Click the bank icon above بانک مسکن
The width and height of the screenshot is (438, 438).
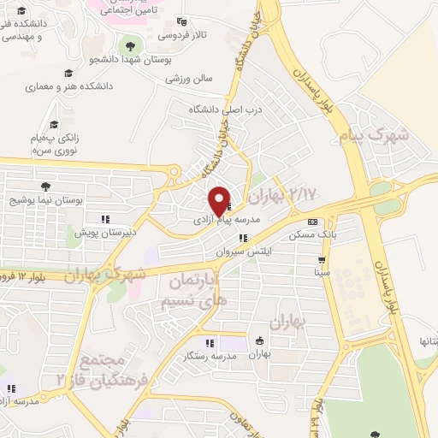pos(311,221)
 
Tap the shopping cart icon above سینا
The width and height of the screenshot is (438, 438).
pos(322,260)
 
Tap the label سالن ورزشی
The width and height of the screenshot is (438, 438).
pos(189,79)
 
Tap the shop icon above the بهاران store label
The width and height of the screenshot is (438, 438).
pos(259,341)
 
